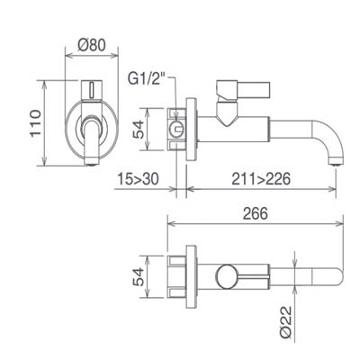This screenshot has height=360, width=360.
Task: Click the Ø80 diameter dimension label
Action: [x=92, y=45]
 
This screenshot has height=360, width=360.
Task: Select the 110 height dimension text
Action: [x=36, y=123]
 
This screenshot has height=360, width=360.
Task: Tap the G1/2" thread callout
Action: [x=147, y=79]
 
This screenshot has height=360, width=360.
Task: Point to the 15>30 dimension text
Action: [x=138, y=179]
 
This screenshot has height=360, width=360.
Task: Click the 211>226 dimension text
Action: [x=261, y=179]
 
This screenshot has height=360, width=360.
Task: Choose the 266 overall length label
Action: [x=255, y=213]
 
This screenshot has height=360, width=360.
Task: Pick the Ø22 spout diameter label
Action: [x=286, y=322]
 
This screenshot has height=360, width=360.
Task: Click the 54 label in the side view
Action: [x=139, y=130]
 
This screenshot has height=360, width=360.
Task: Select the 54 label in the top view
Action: [x=139, y=277]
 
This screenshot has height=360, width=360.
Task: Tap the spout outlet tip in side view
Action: [x=335, y=161]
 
